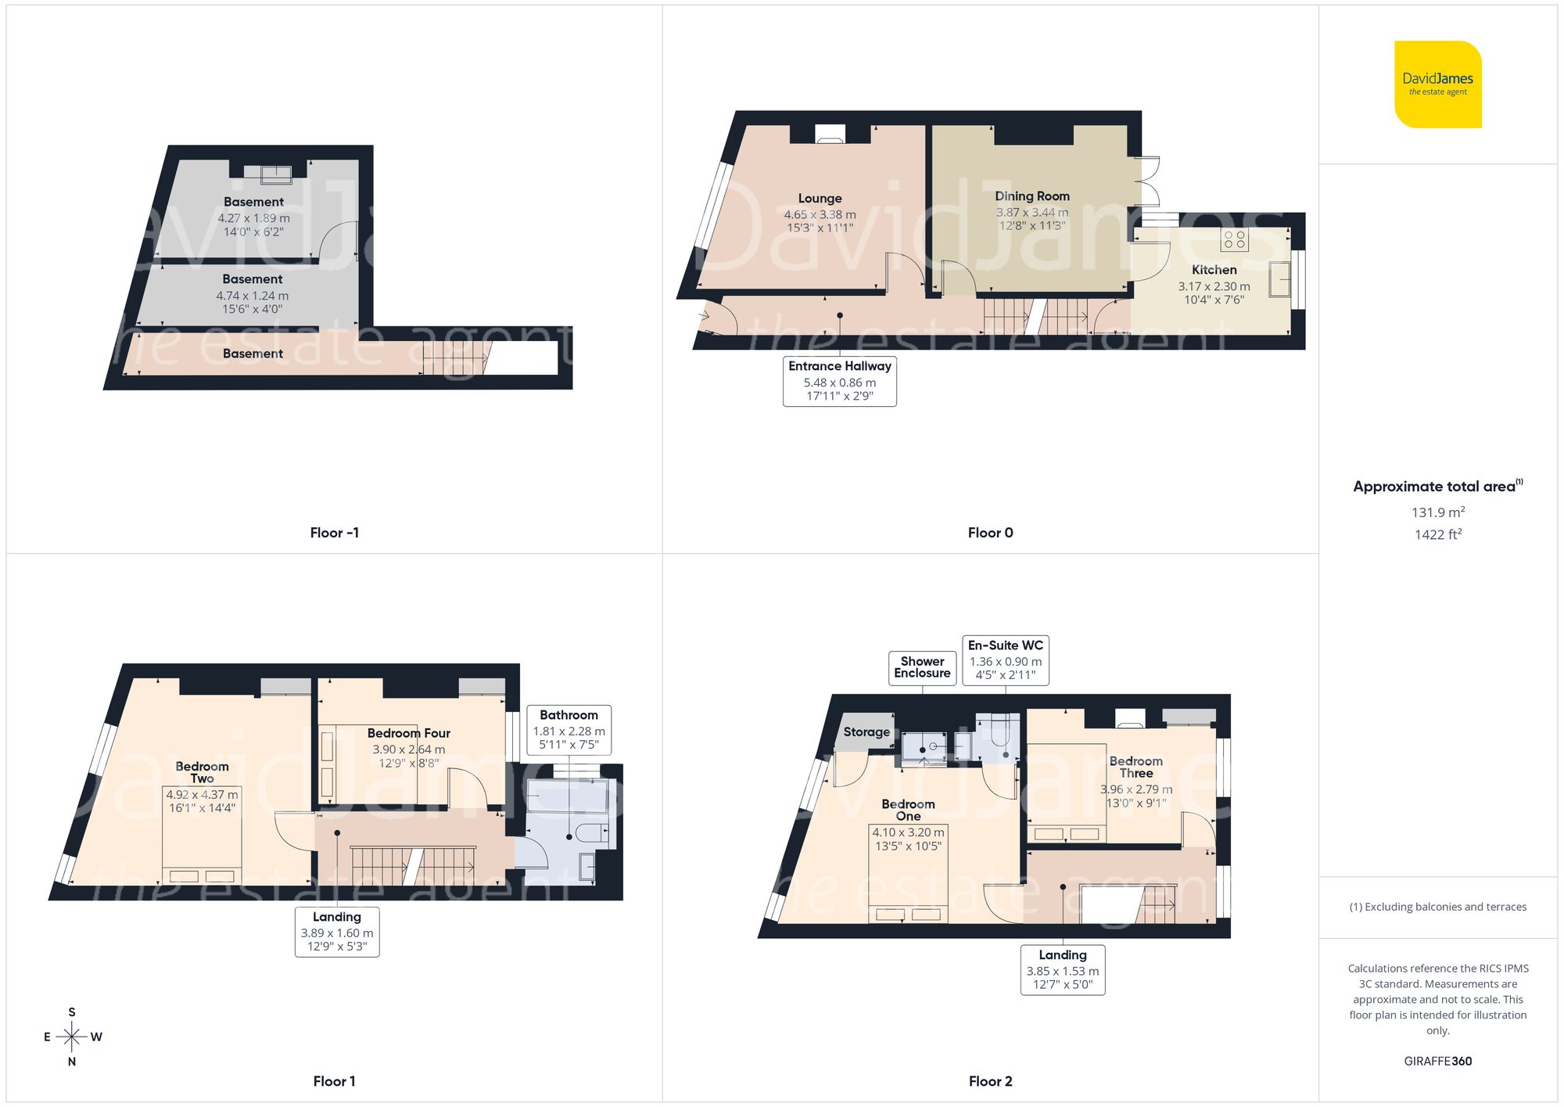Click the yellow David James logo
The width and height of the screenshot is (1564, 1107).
click(x=1437, y=84)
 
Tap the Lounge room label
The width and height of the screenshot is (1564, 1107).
click(x=820, y=199)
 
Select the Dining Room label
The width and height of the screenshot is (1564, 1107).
click(x=1031, y=196)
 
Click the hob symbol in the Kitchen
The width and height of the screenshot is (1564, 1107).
click(x=1234, y=239)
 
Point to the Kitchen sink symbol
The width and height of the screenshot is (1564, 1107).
click(x=1279, y=279)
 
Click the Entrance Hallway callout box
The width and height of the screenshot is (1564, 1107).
click(x=839, y=381)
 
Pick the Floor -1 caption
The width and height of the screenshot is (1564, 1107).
click(x=334, y=533)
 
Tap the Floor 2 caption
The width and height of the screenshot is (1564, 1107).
click(x=990, y=1081)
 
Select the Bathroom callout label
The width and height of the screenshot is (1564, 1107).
click(x=569, y=729)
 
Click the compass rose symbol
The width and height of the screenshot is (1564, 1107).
click(x=72, y=1037)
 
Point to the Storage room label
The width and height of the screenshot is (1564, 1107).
click(x=866, y=732)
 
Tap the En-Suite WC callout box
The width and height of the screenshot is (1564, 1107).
click(x=1005, y=660)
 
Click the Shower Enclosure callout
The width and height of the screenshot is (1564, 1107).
click(x=922, y=667)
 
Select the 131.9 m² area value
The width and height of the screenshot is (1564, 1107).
click(x=1437, y=512)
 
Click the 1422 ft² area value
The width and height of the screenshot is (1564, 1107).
click(x=1437, y=534)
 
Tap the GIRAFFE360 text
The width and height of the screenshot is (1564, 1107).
click(x=1437, y=1061)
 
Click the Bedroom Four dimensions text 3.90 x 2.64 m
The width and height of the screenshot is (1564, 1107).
click(x=408, y=749)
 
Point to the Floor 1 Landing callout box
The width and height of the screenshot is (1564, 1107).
click(x=336, y=932)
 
